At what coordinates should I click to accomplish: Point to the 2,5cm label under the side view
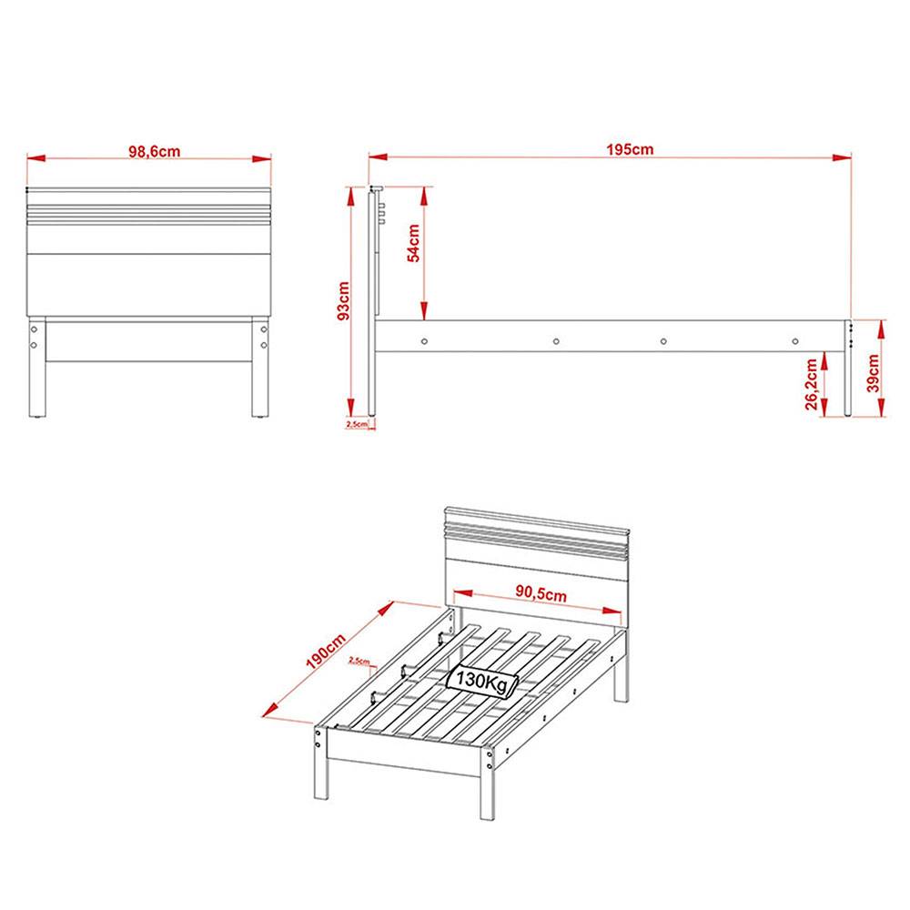click(357, 424)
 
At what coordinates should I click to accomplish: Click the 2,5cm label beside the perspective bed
click(359, 662)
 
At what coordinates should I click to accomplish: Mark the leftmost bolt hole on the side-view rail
click(425, 341)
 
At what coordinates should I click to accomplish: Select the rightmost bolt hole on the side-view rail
click(795, 341)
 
